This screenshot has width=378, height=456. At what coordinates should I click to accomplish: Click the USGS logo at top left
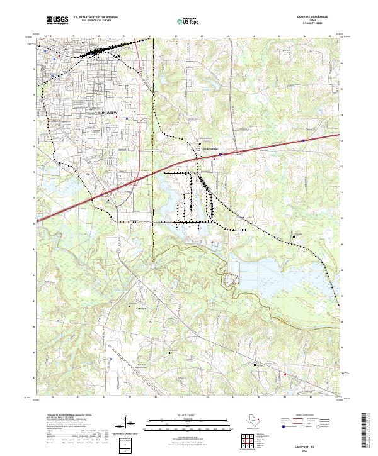click(57, 20)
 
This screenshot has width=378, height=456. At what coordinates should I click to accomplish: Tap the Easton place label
click(239, 218)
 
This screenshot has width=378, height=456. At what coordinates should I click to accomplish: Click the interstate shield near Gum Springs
click(220, 153)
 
